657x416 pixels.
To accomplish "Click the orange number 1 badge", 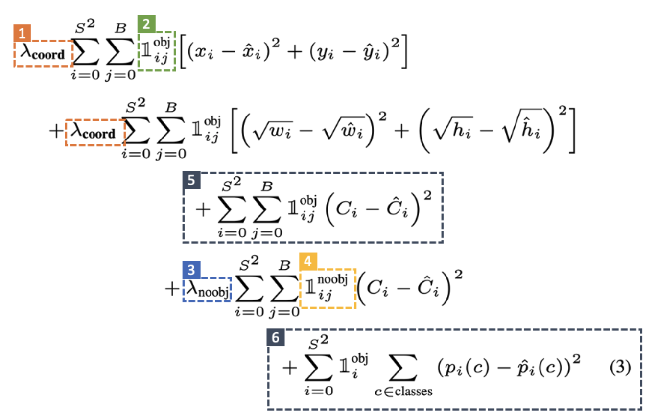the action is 22,33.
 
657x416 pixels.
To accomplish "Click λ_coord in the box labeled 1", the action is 43,53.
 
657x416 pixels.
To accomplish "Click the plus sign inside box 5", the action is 202,209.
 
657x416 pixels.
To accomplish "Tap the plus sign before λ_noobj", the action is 172,289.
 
